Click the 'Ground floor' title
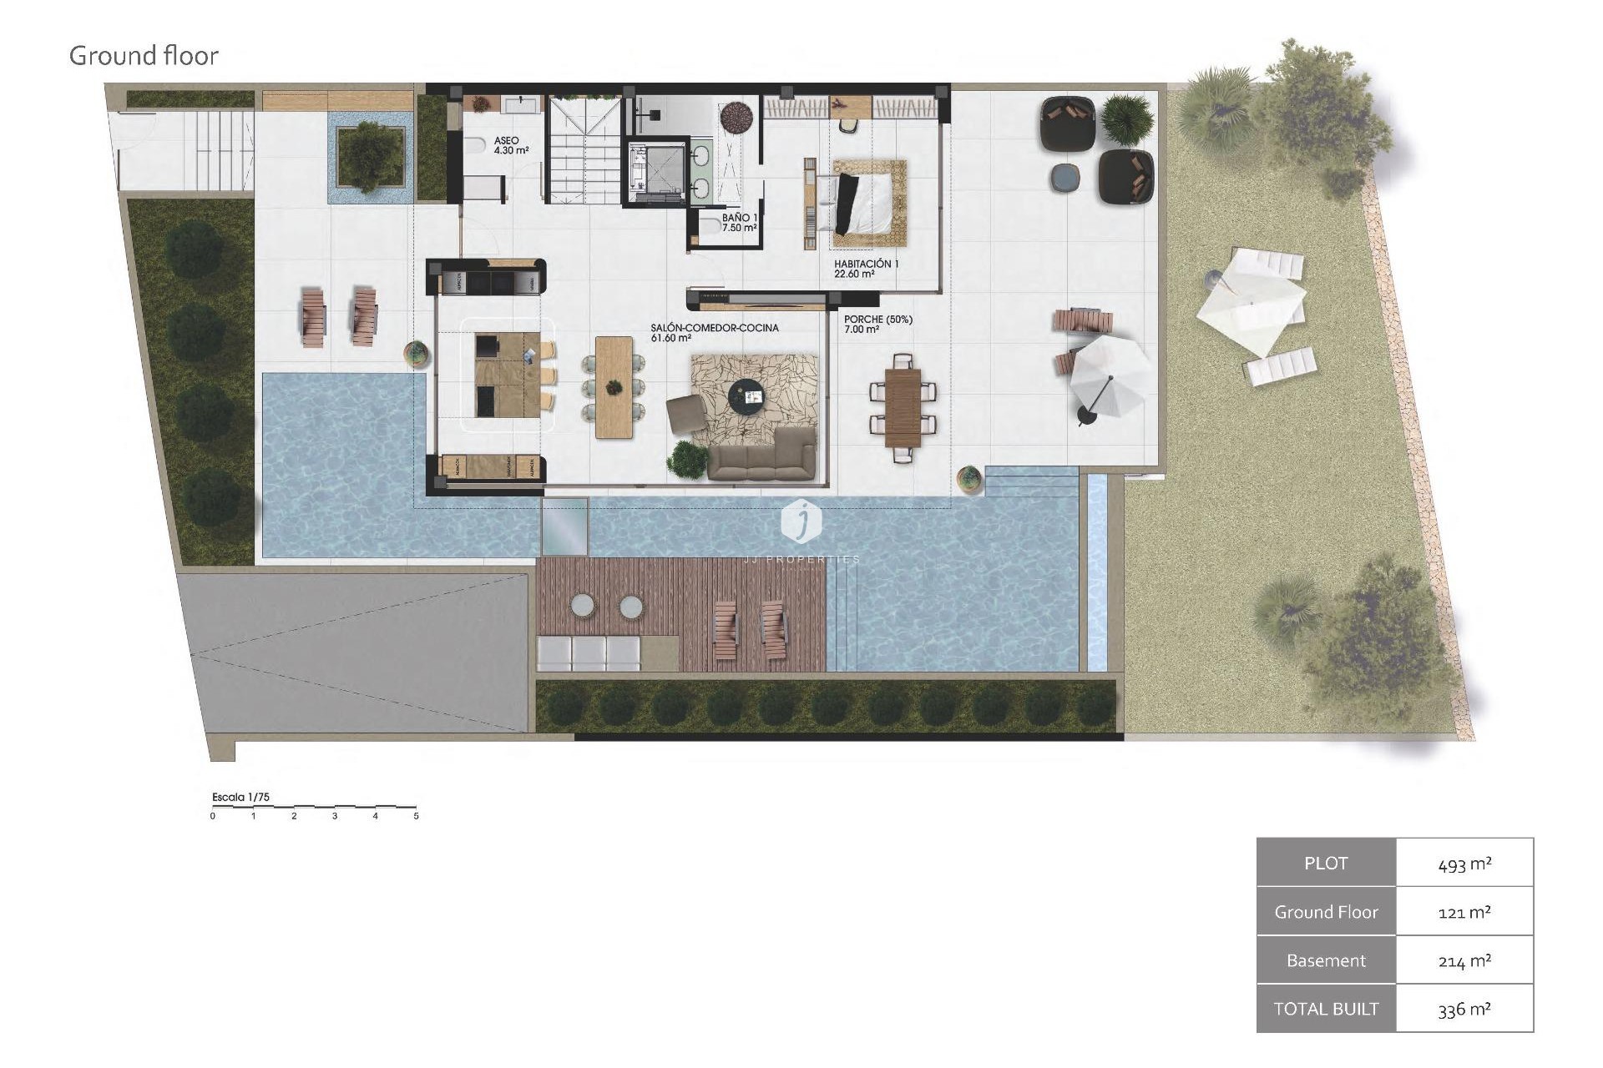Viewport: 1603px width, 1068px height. pos(144,56)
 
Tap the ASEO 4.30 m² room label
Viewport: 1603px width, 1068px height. pos(506,146)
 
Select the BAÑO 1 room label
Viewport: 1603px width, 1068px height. pos(739,222)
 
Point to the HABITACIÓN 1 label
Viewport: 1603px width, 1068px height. pos(866,269)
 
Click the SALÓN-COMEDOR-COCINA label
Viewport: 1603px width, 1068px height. pos(714,333)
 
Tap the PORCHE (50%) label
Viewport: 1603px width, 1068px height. pos(877,324)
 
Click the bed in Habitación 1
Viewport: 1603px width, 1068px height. pos(866,204)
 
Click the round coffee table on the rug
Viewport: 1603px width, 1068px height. pos(745,394)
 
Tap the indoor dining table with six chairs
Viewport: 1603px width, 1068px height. pos(614,386)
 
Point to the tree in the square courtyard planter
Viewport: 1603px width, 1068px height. pos(369,155)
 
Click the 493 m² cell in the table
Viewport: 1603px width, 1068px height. pos(1464,864)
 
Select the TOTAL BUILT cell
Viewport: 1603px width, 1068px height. pos(1326,1009)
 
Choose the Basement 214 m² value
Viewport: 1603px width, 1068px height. pos(1464,960)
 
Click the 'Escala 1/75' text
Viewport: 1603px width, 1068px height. pos(240,797)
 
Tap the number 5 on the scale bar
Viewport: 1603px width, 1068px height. pos(416,816)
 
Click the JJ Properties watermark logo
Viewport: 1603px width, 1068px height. pos(801,521)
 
